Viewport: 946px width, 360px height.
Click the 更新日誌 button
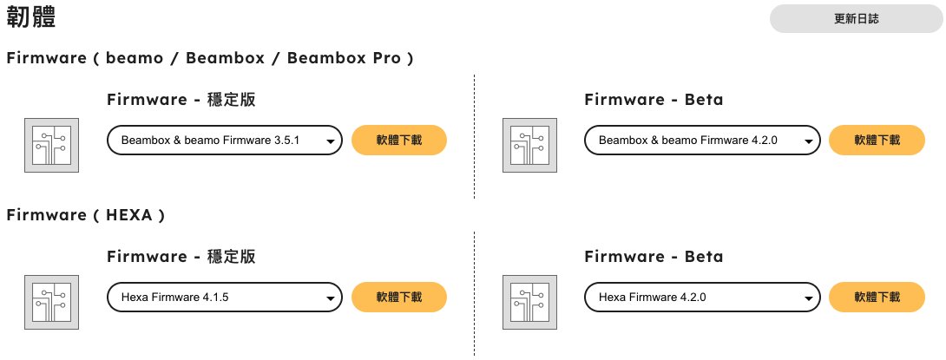[x=857, y=19]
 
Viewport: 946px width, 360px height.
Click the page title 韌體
[x=31, y=18]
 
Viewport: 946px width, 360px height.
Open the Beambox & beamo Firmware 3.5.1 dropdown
[x=225, y=140]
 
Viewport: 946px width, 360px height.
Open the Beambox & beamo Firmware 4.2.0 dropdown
[x=702, y=140]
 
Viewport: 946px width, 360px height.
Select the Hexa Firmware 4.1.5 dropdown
[x=225, y=297]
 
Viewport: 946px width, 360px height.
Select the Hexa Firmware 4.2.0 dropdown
[x=702, y=297]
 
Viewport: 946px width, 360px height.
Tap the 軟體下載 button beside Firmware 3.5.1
[x=399, y=140]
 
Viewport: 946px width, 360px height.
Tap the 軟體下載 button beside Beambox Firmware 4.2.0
[x=877, y=140]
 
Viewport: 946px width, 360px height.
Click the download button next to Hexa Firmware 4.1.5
[x=399, y=297]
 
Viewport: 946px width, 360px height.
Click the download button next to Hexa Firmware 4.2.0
[x=877, y=297]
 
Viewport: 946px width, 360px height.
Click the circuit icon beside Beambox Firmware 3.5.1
[x=52, y=146]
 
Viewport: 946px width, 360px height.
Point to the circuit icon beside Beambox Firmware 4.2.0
[x=529, y=146]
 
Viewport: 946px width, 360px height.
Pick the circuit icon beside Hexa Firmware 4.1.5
[x=52, y=302]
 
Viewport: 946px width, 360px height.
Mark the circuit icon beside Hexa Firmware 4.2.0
[x=529, y=302]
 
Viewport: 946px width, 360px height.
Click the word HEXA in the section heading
[x=128, y=214]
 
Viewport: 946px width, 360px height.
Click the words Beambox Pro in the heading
[x=344, y=58]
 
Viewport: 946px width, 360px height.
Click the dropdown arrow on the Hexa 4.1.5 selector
[x=330, y=298]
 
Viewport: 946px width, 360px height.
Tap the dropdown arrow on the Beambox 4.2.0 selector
[x=808, y=141]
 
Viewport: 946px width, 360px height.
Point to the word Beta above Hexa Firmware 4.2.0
[x=704, y=256]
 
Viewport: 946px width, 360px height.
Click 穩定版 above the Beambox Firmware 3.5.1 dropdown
[x=231, y=100]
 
